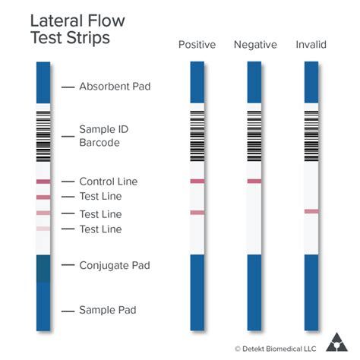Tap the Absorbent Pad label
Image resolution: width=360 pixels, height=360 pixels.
[115, 87]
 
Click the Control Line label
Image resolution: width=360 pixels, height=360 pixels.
[109, 182]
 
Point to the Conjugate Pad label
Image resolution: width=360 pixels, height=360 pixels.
[115, 265]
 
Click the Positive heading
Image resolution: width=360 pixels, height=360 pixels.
[197, 45]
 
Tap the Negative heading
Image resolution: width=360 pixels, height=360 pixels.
[254, 45]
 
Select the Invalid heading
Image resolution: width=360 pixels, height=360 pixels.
[311, 45]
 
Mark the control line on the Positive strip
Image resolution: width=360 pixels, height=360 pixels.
[197, 182]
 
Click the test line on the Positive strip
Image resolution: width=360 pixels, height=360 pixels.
[197, 213]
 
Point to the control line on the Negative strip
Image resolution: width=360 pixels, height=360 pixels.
[254, 182]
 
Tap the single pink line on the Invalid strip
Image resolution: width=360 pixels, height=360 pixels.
[311, 211]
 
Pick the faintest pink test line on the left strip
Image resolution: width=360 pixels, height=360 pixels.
[43, 229]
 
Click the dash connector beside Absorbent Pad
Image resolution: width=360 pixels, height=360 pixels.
[67, 87]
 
